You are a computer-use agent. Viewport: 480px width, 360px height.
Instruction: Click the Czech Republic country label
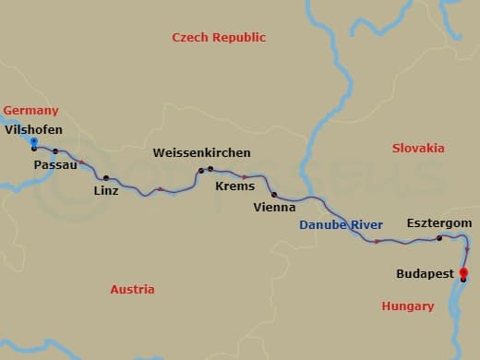219,37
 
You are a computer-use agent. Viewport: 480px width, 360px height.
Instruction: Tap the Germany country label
30,111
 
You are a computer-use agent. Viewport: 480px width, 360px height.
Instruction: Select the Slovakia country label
418,148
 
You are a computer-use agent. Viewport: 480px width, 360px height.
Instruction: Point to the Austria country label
132,289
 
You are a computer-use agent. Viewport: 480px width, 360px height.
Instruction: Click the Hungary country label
407,306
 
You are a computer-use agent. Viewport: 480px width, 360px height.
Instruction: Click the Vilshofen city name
33,129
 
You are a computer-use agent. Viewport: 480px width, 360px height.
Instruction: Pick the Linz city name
106,191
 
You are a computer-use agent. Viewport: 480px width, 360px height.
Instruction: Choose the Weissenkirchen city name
201,151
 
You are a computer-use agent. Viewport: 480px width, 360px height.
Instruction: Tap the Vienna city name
274,208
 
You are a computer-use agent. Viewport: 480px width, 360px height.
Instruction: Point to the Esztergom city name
439,223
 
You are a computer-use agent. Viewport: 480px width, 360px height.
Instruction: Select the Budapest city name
425,273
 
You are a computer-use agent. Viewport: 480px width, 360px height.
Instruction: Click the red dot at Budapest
463,272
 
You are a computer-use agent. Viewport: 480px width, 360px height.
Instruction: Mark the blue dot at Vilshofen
33,141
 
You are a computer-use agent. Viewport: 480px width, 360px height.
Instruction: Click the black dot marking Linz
106,177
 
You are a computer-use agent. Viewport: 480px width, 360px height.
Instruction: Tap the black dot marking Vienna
274,195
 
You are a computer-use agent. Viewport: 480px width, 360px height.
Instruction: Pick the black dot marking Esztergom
439,238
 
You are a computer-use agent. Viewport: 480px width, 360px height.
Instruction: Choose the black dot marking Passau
55,151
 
